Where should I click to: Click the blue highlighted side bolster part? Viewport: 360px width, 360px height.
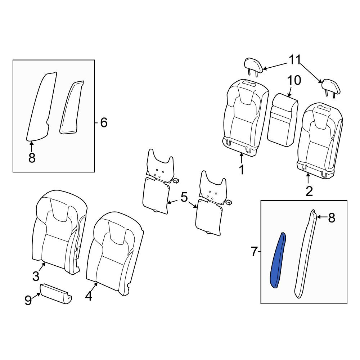[x=278, y=261]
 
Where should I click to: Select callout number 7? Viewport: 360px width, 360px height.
[x=254, y=252]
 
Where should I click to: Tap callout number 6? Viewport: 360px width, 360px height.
[x=104, y=123]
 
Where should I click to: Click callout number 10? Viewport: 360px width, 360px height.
[x=294, y=81]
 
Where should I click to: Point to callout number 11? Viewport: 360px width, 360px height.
[x=294, y=60]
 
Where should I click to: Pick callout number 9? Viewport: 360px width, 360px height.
[x=28, y=300]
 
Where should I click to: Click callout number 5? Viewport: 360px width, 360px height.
[x=184, y=197]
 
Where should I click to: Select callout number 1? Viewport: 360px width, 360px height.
[x=241, y=170]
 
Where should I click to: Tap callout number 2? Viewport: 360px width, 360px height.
[x=309, y=191]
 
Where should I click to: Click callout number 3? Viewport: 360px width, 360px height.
[x=36, y=276]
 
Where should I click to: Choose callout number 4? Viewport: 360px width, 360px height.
[x=89, y=296]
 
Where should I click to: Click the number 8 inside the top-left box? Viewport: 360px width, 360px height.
[x=32, y=158]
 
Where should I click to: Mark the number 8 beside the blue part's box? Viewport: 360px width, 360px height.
[x=332, y=218]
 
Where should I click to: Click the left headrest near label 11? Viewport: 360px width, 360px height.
[x=253, y=66]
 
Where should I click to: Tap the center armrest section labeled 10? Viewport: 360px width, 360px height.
[x=283, y=120]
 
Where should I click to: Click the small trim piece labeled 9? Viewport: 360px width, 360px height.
[x=56, y=294]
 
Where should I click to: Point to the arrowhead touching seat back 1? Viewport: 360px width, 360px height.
[x=241, y=155]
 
